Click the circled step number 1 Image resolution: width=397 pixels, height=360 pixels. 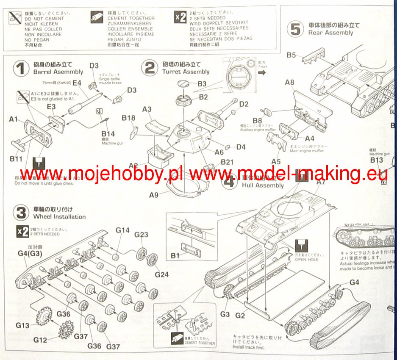(x=19, y=69)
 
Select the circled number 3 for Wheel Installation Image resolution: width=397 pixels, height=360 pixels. (x=19, y=213)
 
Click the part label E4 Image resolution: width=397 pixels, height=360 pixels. (x=77, y=83)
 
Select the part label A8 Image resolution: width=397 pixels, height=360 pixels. (x=290, y=83)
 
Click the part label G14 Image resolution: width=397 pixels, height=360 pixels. (x=122, y=230)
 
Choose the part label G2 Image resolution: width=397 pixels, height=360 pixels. (x=240, y=315)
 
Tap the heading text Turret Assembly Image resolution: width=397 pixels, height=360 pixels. (x=186, y=72)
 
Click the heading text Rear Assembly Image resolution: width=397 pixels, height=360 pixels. (x=330, y=33)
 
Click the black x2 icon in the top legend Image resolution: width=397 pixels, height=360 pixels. (x=180, y=18)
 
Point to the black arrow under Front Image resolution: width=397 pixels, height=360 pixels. (x=262, y=72)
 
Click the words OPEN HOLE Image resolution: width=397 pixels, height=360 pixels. (x=307, y=260)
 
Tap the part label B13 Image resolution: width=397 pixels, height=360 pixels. (x=376, y=160)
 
